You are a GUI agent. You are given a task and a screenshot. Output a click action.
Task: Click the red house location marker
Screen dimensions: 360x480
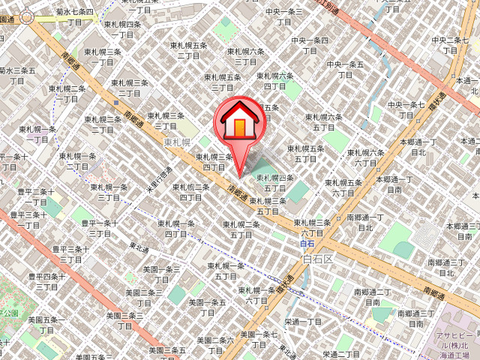coord(238,121)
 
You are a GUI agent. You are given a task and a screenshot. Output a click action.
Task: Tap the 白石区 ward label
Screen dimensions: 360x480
coord(316,259)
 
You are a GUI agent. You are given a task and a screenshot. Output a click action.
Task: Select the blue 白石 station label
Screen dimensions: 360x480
coord(307,244)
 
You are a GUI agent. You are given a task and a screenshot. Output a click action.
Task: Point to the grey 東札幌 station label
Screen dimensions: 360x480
coord(178,141)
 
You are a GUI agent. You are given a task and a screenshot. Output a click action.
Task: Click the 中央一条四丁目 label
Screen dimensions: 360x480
coord(310,46)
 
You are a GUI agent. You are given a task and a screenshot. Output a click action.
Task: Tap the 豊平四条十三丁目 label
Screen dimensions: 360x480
coord(46,281)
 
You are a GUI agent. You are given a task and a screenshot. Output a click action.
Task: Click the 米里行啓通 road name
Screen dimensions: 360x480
coord(160,181)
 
